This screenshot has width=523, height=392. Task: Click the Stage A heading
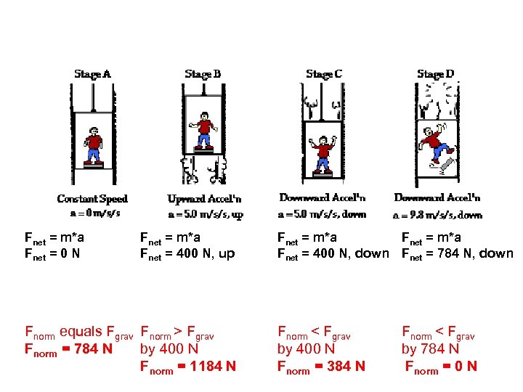tap(92, 74)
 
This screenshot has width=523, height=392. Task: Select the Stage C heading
tap(324, 74)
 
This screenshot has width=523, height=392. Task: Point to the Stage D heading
tap(436, 74)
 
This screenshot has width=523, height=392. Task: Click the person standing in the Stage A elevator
tap(93, 145)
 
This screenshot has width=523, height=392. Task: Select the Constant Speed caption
tap(92, 198)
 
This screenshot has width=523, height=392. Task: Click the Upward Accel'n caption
tap(205, 198)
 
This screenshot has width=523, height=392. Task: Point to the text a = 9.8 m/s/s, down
tap(437, 215)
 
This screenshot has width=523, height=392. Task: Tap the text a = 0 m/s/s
tap(95, 213)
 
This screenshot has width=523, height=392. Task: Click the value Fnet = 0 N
tap(52, 254)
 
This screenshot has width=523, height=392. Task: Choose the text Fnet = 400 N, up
tap(187, 254)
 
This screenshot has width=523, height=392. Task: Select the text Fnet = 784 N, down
tap(458, 254)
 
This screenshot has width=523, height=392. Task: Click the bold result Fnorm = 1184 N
tap(187, 367)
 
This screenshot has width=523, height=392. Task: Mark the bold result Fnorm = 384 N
tap(321, 367)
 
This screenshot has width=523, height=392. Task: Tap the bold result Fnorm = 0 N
tap(441, 367)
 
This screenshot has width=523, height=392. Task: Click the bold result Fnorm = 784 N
tap(68, 349)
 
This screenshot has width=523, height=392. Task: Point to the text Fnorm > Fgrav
tap(177, 335)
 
